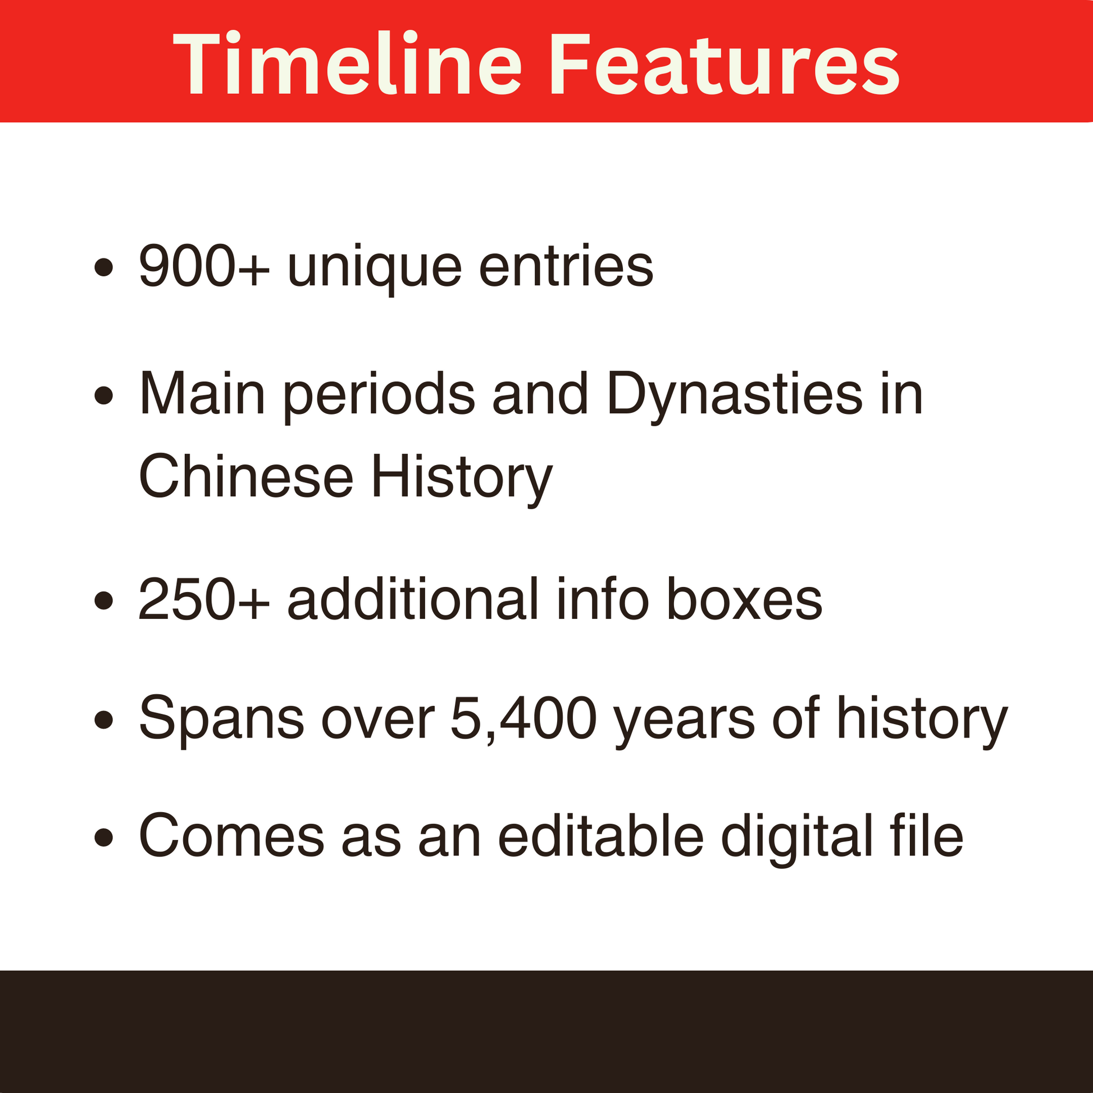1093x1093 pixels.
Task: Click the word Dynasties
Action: tap(734, 395)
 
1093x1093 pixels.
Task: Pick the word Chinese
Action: tap(246, 476)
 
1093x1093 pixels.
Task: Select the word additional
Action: tap(413, 599)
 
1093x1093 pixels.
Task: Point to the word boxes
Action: tap(745, 599)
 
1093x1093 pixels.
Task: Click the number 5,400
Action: tap(524, 718)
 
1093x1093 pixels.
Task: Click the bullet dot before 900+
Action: tap(103, 267)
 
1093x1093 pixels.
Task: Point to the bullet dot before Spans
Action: tap(103, 719)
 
